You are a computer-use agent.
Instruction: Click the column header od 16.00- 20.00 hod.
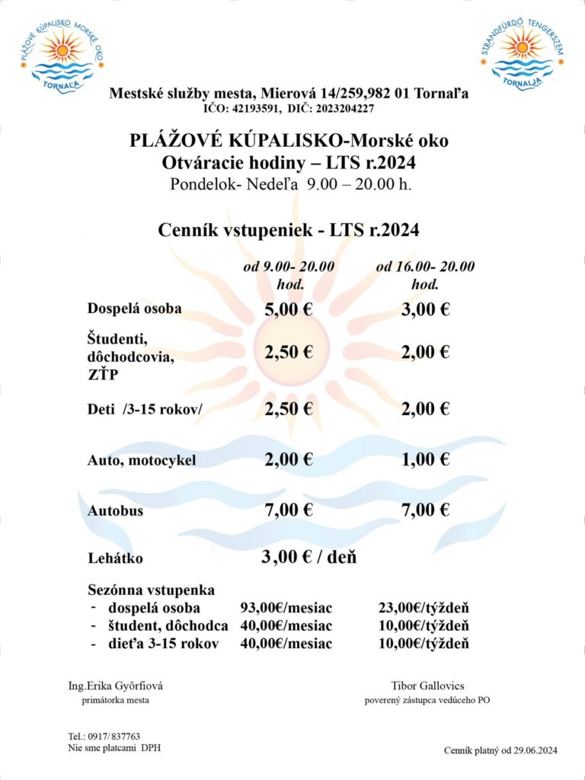(425, 276)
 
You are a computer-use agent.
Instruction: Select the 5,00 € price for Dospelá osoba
(289, 309)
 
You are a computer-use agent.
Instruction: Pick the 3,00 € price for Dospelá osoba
(425, 309)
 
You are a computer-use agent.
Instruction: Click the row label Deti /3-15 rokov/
(145, 410)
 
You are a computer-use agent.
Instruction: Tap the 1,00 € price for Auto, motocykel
(425, 459)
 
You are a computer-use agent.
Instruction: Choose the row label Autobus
(115, 511)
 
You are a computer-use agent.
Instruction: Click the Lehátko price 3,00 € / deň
(309, 557)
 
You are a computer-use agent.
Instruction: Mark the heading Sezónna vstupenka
(152, 590)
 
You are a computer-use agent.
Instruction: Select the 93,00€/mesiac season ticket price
(286, 608)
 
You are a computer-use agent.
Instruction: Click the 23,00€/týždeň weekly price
(424, 608)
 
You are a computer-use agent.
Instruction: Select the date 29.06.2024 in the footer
(533, 751)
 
